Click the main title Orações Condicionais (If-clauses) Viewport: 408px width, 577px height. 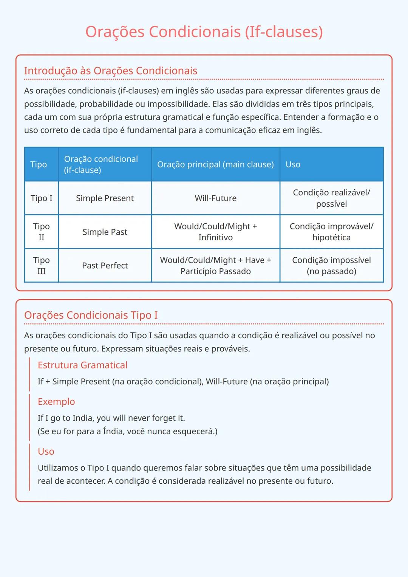click(204, 32)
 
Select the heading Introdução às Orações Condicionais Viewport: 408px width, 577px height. click(110, 71)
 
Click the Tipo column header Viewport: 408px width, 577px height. click(39, 164)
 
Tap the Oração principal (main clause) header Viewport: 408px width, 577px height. click(215, 164)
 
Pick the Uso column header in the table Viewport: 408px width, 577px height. click(293, 164)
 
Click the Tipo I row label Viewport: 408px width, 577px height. click(42, 198)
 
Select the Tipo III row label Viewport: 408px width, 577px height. click(42, 265)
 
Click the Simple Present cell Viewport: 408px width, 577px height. click(105, 198)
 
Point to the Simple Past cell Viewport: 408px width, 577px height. click(105, 232)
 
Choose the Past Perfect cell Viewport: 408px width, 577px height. click(105, 265)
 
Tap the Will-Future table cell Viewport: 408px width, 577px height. click(215, 198)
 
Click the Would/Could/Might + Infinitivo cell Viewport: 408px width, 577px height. click(215, 232)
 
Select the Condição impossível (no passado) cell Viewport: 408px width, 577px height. click(331, 265)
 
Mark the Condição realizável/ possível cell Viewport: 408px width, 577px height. click(331, 198)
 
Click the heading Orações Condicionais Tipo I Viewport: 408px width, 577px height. click(91, 315)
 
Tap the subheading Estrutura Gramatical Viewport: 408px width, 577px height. click(82, 365)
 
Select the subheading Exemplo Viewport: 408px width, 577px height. click(56, 401)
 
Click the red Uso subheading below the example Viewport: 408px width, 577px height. click(46, 451)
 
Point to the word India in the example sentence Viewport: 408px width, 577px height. click(83, 418)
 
